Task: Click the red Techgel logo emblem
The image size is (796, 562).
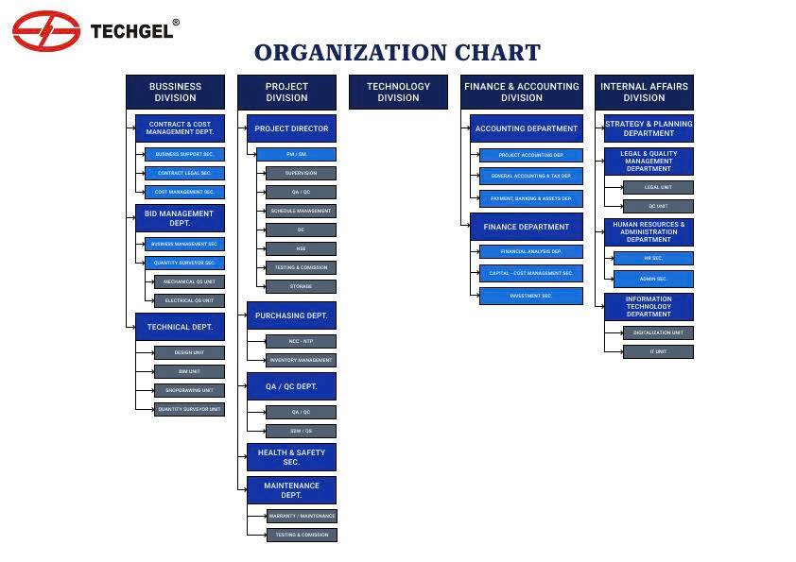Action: (x=46, y=31)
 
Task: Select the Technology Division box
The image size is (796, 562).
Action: (x=398, y=92)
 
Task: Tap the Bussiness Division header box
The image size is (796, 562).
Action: (x=175, y=92)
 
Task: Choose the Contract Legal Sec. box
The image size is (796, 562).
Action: (x=184, y=173)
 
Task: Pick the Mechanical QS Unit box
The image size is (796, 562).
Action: (x=189, y=281)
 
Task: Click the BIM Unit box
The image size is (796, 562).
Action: (x=189, y=371)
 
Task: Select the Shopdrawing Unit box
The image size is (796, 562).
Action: (x=189, y=390)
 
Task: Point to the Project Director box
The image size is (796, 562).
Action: (x=291, y=128)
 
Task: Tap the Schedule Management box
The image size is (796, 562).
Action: (x=301, y=211)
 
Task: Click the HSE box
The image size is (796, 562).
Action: (x=301, y=248)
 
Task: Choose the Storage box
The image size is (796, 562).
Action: (x=301, y=286)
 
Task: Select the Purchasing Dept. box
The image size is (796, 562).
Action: (x=291, y=315)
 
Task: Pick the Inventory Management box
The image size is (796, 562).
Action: (x=301, y=360)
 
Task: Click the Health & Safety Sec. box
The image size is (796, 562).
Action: (x=291, y=457)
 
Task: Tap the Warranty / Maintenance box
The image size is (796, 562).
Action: (x=302, y=516)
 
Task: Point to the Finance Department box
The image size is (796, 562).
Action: (x=527, y=227)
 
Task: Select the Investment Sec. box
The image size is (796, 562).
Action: (x=531, y=296)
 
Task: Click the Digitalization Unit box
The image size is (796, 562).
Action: (x=658, y=332)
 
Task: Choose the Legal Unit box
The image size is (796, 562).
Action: (x=658, y=187)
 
